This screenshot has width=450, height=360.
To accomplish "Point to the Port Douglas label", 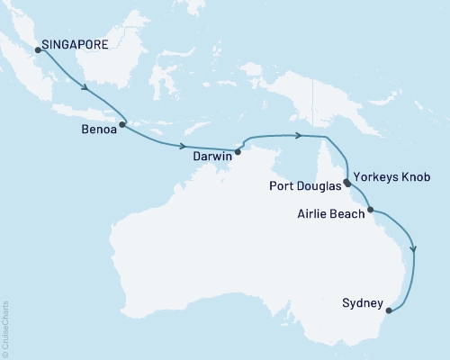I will [306, 187].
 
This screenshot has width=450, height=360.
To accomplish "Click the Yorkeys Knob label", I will [391, 177].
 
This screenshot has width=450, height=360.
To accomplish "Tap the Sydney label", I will [364, 302].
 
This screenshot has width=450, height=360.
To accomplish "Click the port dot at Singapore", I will [38, 49].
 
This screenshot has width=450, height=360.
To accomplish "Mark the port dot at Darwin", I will [238, 151].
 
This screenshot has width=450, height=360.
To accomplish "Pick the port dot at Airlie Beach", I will [370, 210].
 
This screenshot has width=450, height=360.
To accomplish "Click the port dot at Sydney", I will [389, 311].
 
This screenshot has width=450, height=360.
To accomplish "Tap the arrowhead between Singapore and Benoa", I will [86, 88].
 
